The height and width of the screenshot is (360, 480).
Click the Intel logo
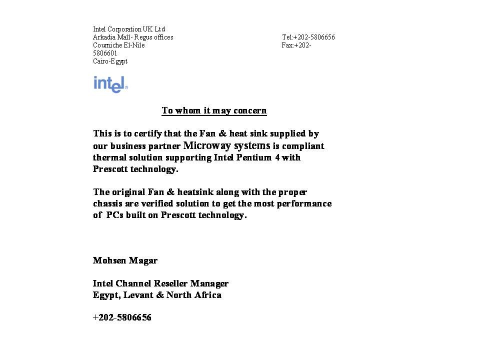pyautogui.click(x=110, y=84)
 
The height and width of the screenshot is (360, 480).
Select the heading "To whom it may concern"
pyautogui.click(x=214, y=110)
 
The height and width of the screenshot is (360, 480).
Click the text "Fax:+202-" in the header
pyautogui.click(x=296, y=45)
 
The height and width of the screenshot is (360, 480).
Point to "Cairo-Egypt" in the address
pyautogui.click(x=110, y=61)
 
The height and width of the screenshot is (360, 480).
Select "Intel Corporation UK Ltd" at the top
pyautogui.click(x=128, y=29)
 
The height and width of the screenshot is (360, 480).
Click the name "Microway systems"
pyautogui.click(x=227, y=145)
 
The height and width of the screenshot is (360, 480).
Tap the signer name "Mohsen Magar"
pyautogui.click(x=125, y=260)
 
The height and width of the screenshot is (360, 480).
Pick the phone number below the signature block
pyautogui.click(x=122, y=317)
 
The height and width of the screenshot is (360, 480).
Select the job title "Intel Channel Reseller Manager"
pyautogui.click(x=160, y=283)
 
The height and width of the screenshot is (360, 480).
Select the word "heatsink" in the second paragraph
pyautogui.click(x=188, y=192)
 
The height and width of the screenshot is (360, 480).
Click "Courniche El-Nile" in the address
pyautogui.click(x=118, y=45)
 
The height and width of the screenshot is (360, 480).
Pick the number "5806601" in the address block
pyautogui.click(x=105, y=53)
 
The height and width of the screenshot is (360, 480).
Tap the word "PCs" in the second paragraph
pyautogui.click(x=115, y=215)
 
